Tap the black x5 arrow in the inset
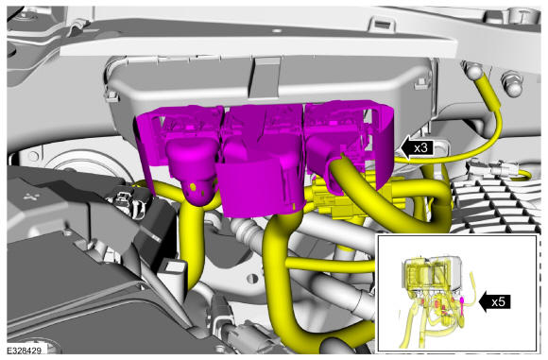pyautogui.click(x=495, y=302)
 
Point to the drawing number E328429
pyautogui.click(x=25, y=351)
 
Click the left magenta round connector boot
pyautogui.click(x=192, y=171)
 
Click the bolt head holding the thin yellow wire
pyautogui.click(x=474, y=71)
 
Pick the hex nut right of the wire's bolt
pyautogui.click(x=512, y=84)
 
